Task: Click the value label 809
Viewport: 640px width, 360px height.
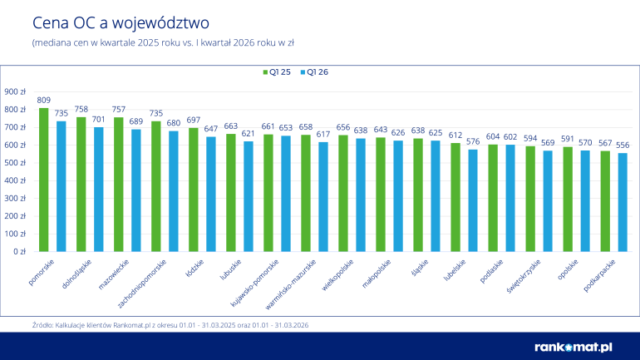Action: [x=44, y=100]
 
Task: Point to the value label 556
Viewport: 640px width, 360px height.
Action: [x=623, y=145]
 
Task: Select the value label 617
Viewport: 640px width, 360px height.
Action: [x=323, y=134]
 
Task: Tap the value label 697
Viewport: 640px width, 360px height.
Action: [x=193, y=120]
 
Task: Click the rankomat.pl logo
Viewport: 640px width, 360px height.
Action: [x=573, y=346]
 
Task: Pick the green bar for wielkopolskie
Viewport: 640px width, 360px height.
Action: [x=342, y=193]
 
